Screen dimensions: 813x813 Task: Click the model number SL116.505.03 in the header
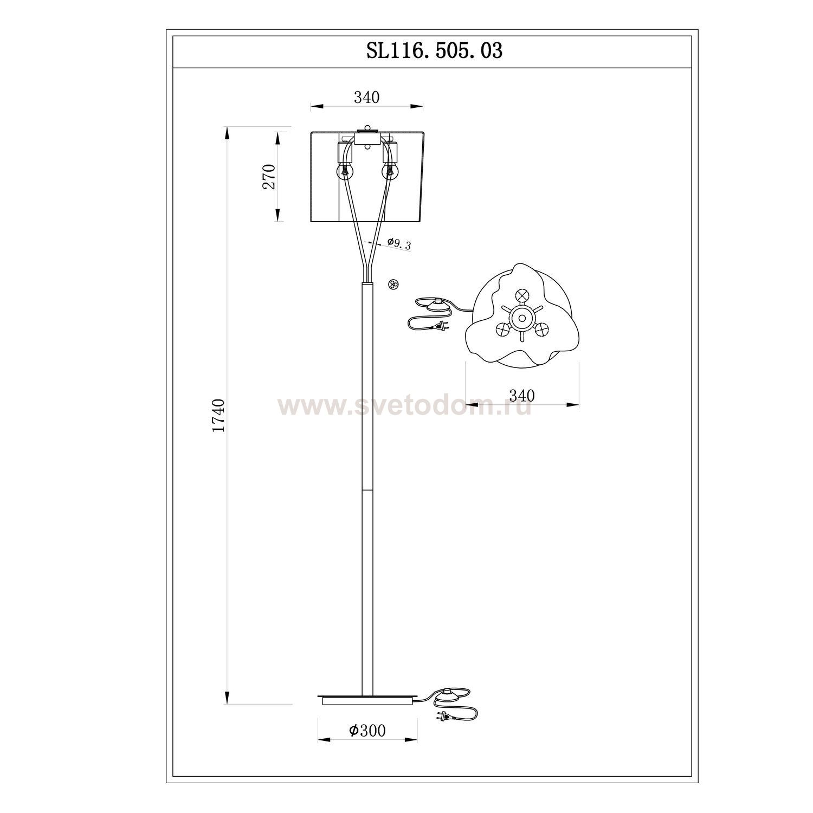pos(434,51)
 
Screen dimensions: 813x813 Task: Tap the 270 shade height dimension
pos(269,176)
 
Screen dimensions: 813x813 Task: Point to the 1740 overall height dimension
pos(218,415)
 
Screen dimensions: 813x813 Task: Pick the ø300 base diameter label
pos(367,731)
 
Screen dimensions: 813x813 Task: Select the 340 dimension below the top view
pos(521,396)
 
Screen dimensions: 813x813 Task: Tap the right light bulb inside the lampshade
pos(389,172)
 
